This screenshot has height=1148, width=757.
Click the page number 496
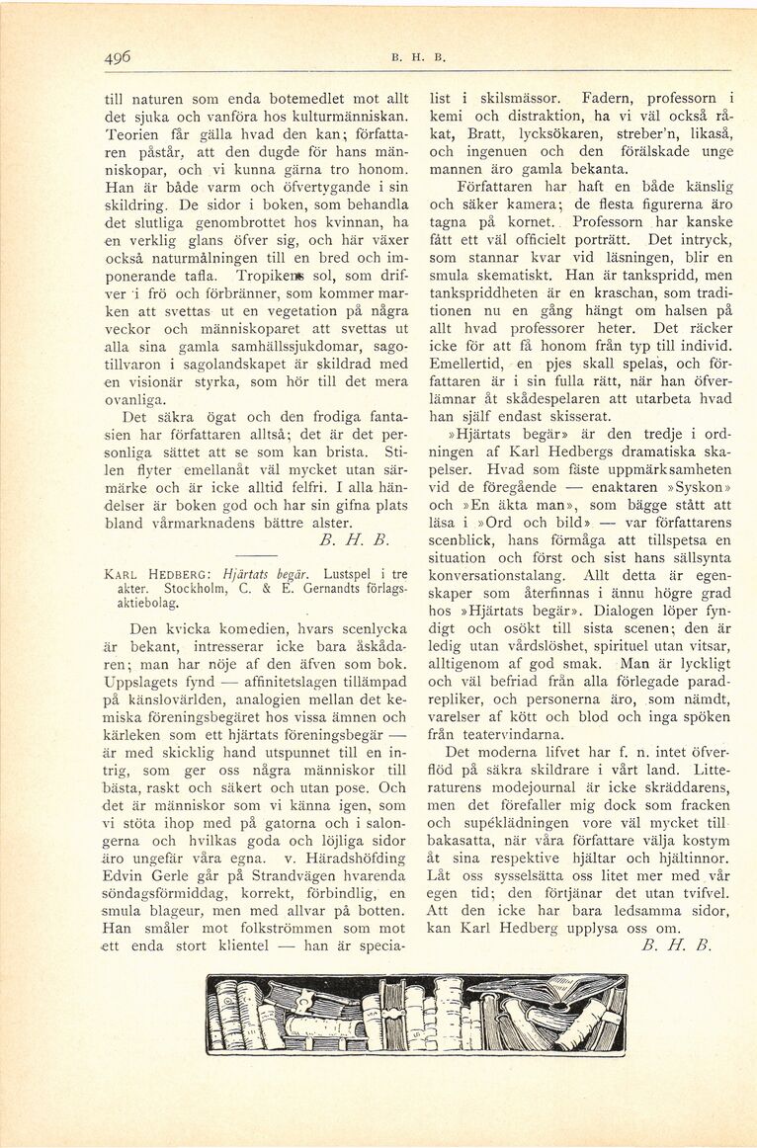120,57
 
